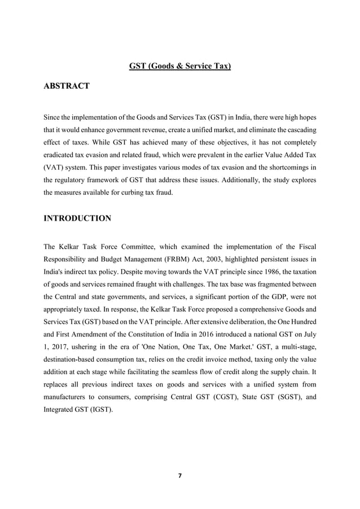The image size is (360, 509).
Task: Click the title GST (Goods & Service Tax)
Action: pos(180,67)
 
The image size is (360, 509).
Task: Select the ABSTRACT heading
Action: pos(66,86)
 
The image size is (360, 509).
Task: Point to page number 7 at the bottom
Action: pos(179,476)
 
